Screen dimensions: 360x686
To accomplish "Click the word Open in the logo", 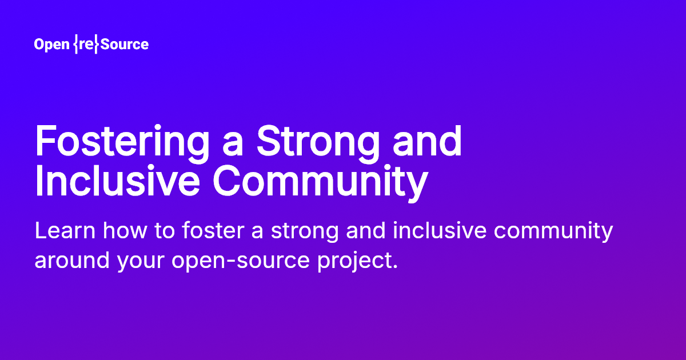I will [51, 45].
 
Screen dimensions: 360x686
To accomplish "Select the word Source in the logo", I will [125, 45].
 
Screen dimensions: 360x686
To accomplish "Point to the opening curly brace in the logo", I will [75, 45].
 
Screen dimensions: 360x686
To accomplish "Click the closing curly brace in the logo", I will [96, 45].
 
